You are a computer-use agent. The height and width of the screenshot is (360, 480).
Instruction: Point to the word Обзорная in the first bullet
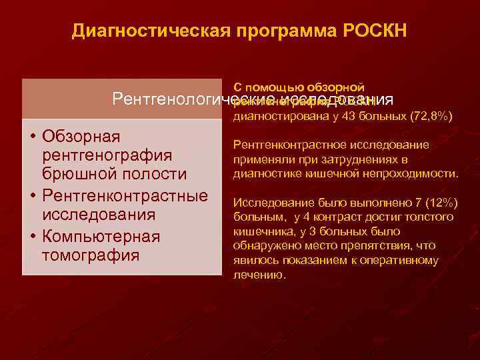pyautogui.click(x=81, y=137)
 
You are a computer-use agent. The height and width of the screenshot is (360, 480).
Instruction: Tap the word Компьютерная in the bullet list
pyautogui.click(x=100, y=237)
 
